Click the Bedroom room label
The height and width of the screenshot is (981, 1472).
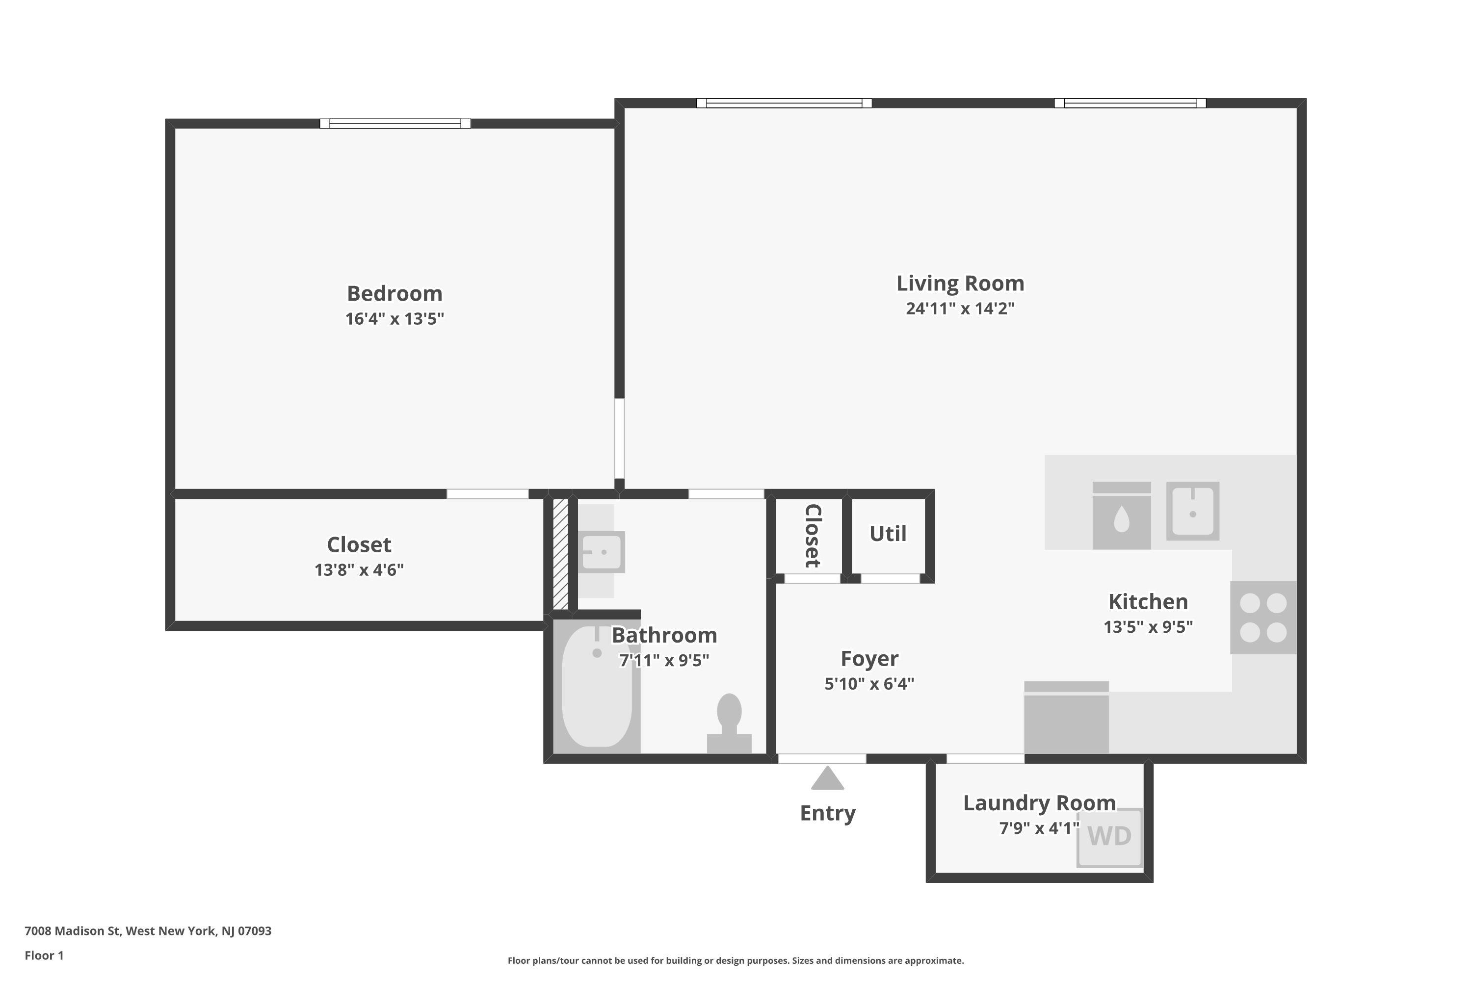coord(394,293)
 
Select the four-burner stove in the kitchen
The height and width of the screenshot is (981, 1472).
coord(1263,618)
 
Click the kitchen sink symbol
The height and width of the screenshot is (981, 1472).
coord(1192,511)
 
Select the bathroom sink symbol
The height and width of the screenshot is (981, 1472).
coord(601,552)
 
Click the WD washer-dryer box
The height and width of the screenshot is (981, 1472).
coord(1109,837)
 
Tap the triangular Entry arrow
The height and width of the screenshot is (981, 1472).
coord(827,779)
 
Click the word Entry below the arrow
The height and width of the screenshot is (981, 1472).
coord(827,813)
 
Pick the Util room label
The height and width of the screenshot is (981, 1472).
coord(888,534)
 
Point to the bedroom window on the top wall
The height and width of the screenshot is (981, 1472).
coord(395,123)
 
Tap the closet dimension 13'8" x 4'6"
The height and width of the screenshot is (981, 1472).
coord(359,570)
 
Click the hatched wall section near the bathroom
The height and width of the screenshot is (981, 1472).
coord(560,554)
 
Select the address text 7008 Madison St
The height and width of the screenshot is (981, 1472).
coord(148,931)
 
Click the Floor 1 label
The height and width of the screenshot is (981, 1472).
coord(44,955)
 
